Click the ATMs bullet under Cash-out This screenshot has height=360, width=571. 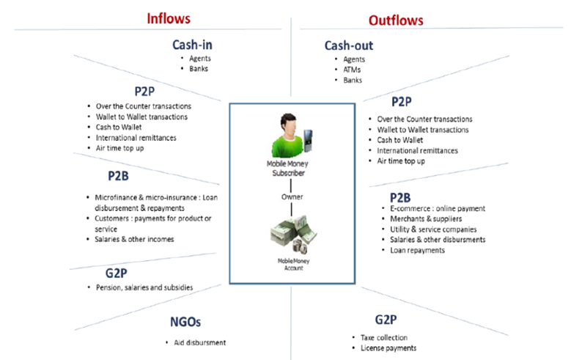[x=354, y=70]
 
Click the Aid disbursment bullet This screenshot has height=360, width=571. [x=196, y=342]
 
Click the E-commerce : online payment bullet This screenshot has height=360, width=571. [x=433, y=209]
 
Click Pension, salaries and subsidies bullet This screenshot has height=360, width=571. [x=144, y=287]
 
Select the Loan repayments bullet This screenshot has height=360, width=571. [x=412, y=250]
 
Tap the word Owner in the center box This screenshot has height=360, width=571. [x=292, y=196]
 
